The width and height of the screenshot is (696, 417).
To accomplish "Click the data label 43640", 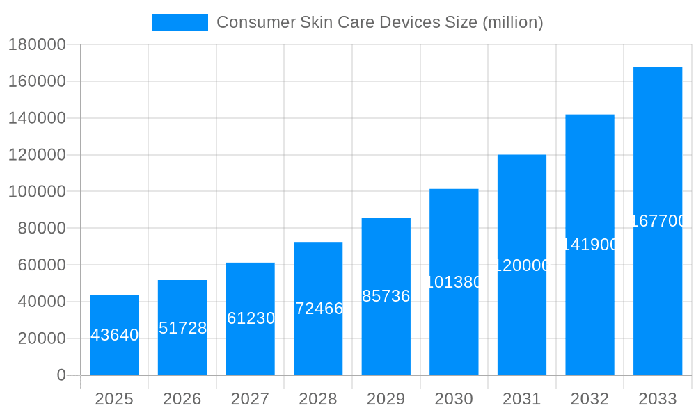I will (114, 335).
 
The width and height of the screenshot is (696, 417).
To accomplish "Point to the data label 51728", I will (182, 328).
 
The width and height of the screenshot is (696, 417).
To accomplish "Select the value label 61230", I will (251, 318).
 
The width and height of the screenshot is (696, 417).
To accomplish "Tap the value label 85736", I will (386, 296).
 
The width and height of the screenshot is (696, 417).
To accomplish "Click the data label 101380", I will (454, 282).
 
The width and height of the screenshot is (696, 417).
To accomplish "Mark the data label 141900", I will (590, 245).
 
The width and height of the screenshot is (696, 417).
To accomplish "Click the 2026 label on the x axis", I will (182, 399).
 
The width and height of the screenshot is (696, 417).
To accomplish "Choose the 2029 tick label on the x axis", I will (386, 399).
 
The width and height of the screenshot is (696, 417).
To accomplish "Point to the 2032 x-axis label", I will (590, 399).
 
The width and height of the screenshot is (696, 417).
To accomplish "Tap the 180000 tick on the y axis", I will (37, 45).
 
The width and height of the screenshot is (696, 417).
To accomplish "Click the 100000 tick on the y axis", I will (37, 192).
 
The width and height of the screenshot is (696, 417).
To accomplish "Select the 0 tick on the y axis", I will (61, 375).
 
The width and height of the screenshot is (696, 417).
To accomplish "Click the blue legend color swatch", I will (180, 22).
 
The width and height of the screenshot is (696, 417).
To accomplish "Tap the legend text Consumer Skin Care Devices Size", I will (379, 22).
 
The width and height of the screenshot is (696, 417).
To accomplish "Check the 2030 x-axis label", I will (454, 399).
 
